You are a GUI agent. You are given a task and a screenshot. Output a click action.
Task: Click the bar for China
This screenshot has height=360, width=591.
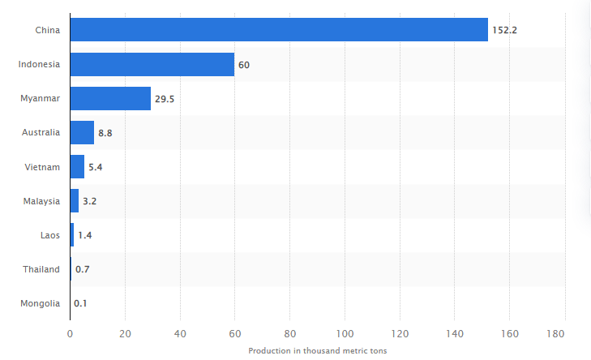[x=279, y=30]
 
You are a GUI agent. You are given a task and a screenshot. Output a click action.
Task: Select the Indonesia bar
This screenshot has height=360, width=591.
[x=152, y=64]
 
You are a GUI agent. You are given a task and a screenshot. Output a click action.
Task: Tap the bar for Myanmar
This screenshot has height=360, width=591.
[x=110, y=98]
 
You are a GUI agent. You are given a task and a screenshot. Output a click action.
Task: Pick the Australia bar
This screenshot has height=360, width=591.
[x=82, y=132]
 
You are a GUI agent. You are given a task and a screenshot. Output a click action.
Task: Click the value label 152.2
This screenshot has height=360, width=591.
[x=503, y=31]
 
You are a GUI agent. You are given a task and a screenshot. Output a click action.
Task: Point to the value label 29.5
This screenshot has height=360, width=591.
[x=165, y=99]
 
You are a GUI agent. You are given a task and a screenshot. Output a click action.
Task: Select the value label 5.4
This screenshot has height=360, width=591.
[x=96, y=167]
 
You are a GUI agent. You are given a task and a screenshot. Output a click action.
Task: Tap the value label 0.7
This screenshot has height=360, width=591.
[x=82, y=269]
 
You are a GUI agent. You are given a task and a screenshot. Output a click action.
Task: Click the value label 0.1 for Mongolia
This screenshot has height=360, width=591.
[x=80, y=303]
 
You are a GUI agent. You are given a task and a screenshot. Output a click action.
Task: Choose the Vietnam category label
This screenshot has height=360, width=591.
[x=44, y=166]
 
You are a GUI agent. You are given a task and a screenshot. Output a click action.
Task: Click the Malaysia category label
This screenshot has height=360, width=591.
[x=41, y=200]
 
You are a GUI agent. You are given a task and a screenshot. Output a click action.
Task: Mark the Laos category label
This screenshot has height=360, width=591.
[x=49, y=235]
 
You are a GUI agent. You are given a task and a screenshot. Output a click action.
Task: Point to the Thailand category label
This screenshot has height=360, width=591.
[x=41, y=269]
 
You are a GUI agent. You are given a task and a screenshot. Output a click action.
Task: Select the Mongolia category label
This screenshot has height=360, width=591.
[x=39, y=303]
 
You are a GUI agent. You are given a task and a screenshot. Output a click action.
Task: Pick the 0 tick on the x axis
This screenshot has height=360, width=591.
[x=70, y=332]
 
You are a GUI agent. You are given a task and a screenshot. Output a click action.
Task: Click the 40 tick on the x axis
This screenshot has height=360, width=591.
[x=180, y=332]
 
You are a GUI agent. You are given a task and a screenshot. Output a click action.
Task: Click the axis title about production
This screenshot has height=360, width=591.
[x=317, y=350]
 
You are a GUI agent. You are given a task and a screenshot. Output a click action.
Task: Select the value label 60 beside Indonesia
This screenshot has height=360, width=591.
[x=244, y=65]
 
